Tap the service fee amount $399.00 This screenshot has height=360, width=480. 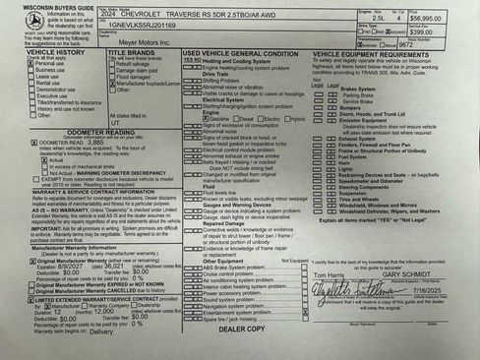coord(449,30)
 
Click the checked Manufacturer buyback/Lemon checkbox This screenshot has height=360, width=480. coord(110,85)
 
